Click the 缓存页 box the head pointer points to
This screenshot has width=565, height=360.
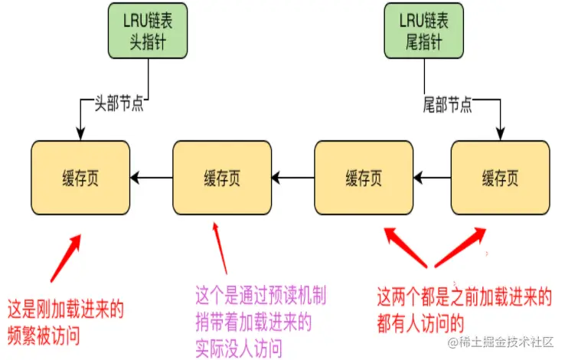[80, 178]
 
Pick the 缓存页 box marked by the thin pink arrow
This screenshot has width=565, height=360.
[222, 178]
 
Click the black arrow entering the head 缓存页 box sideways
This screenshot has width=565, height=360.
[151, 178]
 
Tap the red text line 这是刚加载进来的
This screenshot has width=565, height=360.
[64, 310]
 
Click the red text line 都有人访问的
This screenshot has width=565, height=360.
[422, 316]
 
